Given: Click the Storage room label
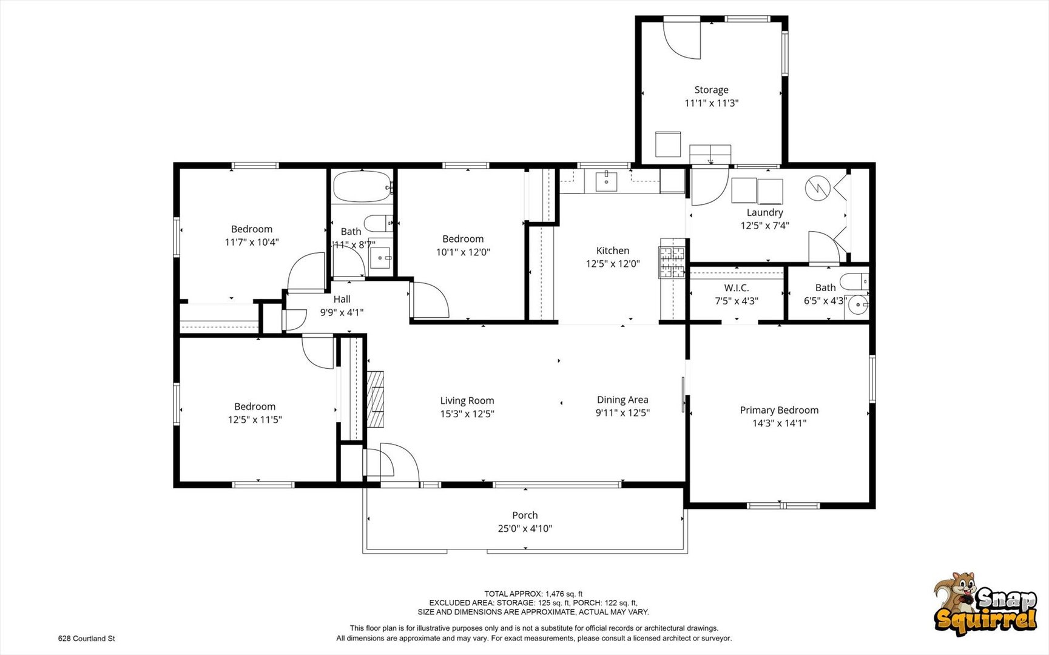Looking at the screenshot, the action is [711, 90].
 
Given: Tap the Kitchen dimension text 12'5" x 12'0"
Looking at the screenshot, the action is [613, 264].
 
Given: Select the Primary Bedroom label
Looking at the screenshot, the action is [779, 410].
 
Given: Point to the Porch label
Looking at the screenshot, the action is [525, 516].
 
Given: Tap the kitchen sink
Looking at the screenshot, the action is [606, 181].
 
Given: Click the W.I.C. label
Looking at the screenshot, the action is [737, 288].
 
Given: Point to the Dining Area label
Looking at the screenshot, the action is [622, 400].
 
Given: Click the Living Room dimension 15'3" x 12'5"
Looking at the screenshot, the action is [467, 414].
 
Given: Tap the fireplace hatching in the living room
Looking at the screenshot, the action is [376, 399].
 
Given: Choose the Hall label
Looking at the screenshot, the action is [342, 299].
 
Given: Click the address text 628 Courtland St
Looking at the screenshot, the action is [86, 639].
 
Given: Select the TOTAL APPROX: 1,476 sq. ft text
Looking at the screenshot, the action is [533, 594].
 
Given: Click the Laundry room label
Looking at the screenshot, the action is [764, 212].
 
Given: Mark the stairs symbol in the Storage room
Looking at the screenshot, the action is [710, 154].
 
